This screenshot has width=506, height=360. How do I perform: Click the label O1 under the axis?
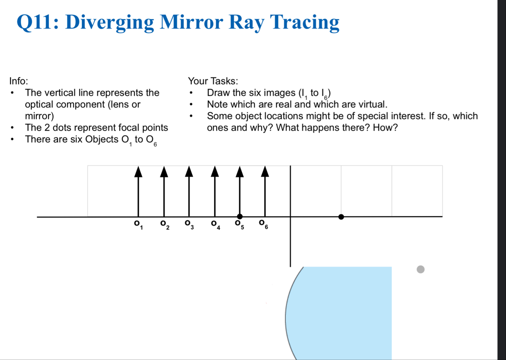[x=137, y=224]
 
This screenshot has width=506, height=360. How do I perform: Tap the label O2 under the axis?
[x=164, y=224]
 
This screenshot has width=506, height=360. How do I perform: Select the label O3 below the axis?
[x=189, y=224]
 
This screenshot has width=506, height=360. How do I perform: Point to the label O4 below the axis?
[x=215, y=224]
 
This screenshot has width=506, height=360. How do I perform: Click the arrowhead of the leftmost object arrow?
[x=138, y=171]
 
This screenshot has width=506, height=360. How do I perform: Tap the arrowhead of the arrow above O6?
[x=265, y=171]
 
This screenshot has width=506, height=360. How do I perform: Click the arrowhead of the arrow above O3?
[x=189, y=171]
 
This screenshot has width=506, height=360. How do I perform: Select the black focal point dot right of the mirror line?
[x=341, y=217]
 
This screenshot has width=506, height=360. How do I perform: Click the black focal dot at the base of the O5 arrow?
[x=240, y=217]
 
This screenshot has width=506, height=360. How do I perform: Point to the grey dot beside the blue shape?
[x=420, y=269]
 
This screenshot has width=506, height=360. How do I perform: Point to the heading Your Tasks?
[x=213, y=81]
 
